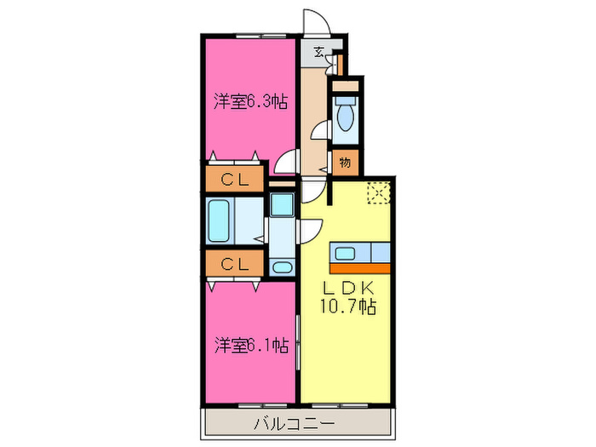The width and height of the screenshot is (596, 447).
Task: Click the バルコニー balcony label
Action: [x=298, y=423]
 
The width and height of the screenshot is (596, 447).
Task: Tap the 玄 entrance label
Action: [x=318, y=52]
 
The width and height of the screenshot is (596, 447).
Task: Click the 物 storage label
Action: [x=346, y=161]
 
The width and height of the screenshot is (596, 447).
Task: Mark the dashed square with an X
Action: [x=377, y=193]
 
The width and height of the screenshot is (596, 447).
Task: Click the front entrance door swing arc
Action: [x=316, y=20]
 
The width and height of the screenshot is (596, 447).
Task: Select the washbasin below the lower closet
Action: [x=281, y=266]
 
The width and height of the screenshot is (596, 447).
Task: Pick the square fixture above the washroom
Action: [x=281, y=205]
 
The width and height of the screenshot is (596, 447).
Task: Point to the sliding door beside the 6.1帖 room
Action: [x=298, y=341]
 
